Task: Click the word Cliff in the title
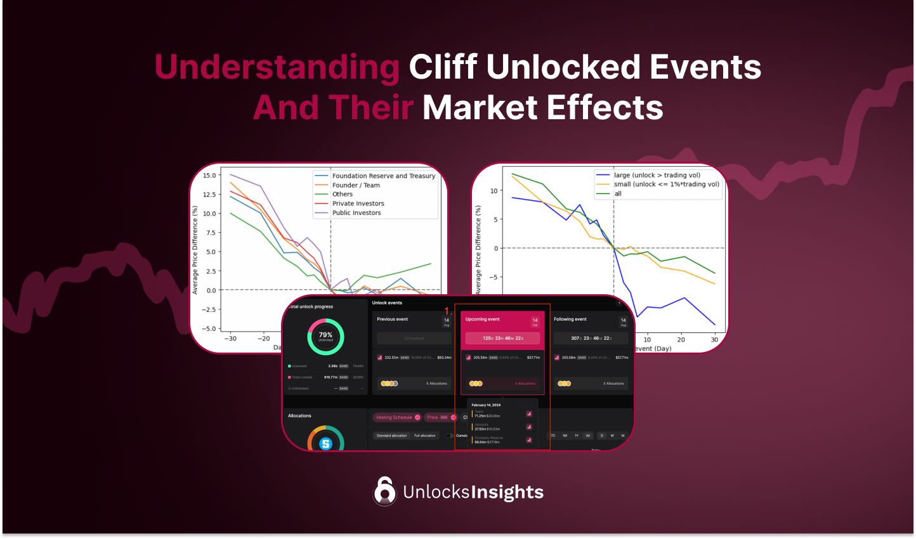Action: pyautogui.click(x=443, y=67)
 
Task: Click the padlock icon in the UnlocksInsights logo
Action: pyautogui.click(x=384, y=491)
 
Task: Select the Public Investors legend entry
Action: pyautogui.click(x=357, y=213)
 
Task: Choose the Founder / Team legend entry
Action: pyautogui.click(x=356, y=185)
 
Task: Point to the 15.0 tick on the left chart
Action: pyautogui.click(x=209, y=176)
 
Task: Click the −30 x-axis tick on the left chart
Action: pyautogui.click(x=230, y=339)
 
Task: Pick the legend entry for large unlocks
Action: pyautogui.click(x=657, y=175)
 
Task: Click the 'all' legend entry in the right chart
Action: pyautogui.click(x=617, y=193)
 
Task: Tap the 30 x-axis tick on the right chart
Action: pyautogui.click(x=714, y=340)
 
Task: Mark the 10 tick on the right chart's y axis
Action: pyautogui.click(x=494, y=190)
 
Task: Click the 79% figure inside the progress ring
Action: pyautogui.click(x=325, y=335)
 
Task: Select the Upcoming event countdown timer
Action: pyautogui.click(x=502, y=339)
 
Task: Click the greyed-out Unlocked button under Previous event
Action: pyautogui.click(x=414, y=339)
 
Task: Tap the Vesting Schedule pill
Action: pyautogui.click(x=394, y=417)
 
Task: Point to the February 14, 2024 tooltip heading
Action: pyautogui.click(x=486, y=405)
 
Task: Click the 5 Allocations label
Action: pyautogui.click(x=436, y=384)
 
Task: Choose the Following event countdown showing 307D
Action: pyautogui.click(x=591, y=339)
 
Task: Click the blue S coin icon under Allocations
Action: pyautogui.click(x=325, y=444)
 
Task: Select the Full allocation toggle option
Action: pyautogui.click(x=425, y=436)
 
